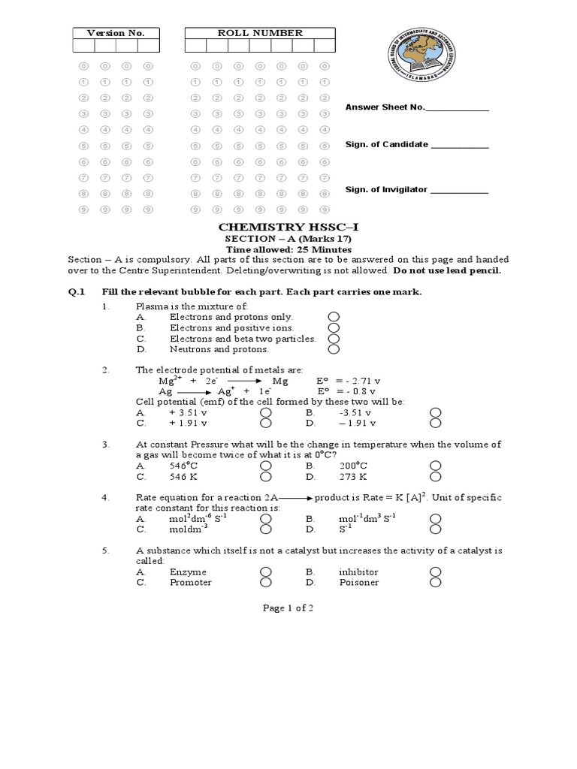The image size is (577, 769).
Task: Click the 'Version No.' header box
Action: pyautogui.click(x=115, y=33)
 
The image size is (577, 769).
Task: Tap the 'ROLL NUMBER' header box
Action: pyautogui.click(x=260, y=33)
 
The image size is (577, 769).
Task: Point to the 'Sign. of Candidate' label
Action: pyautogui.click(x=386, y=144)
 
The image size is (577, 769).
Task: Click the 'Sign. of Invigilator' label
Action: pyautogui.click(x=386, y=190)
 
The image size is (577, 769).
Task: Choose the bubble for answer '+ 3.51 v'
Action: pyautogui.click(x=265, y=413)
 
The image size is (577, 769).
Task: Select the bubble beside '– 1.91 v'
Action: pyautogui.click(x=435, y=424)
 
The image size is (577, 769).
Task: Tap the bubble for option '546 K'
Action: pyautogui.click(x=265, y=476)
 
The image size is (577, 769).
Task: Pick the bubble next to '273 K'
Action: pyautogui.click(x=435, y=476)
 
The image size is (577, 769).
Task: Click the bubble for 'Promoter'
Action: pyautogui.click(x=265, y=583)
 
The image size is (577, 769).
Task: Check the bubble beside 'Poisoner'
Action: pyautogui.click(x=435, y=583)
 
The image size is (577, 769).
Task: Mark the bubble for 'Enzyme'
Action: pyautogui.click(x=265, y=572)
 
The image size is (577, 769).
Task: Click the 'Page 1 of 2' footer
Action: pyautogui.click(x=288, y=608)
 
